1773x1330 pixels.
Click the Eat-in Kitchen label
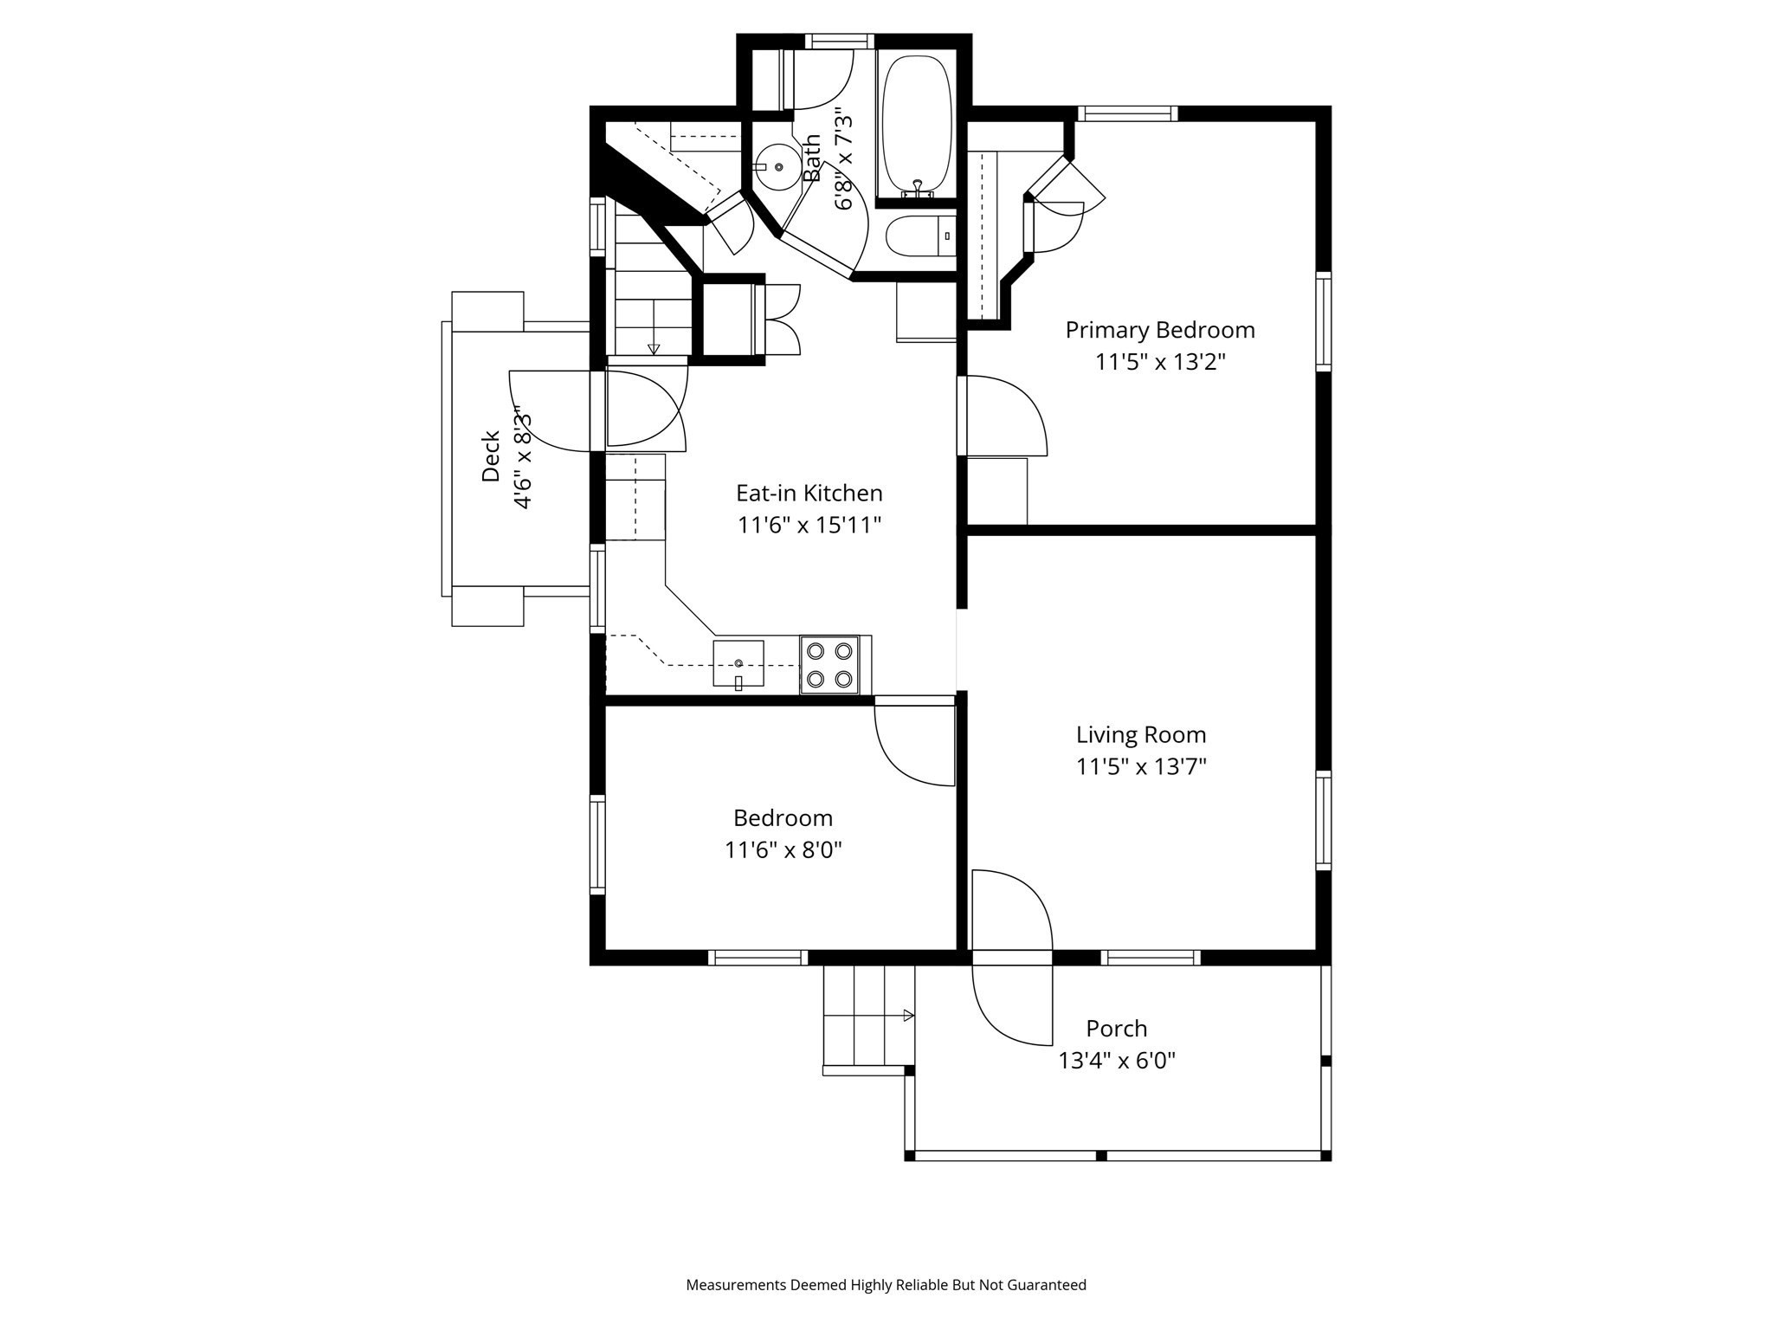[x=809, y=494]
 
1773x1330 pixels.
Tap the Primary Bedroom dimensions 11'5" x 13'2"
[x=1160, y=362]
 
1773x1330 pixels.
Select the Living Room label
[x=1140, y=735]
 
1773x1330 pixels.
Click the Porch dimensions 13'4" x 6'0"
[x=1117, y=1061]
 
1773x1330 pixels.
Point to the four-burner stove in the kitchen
[x=829, y=664]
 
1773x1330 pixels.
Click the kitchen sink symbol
[x=738, y=664]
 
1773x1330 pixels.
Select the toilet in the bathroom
[x=919, y=236]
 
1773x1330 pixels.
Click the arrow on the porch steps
[x=908, y=1015]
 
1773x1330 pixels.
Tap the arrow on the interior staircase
[x=654, y=348]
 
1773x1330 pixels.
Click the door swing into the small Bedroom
[x=914, y=743]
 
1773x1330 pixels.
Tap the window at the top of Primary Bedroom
[x=1127, y=113]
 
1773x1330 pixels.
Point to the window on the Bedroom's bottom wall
[x=758, y=957]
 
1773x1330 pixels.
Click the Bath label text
[x=811, y=158]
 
